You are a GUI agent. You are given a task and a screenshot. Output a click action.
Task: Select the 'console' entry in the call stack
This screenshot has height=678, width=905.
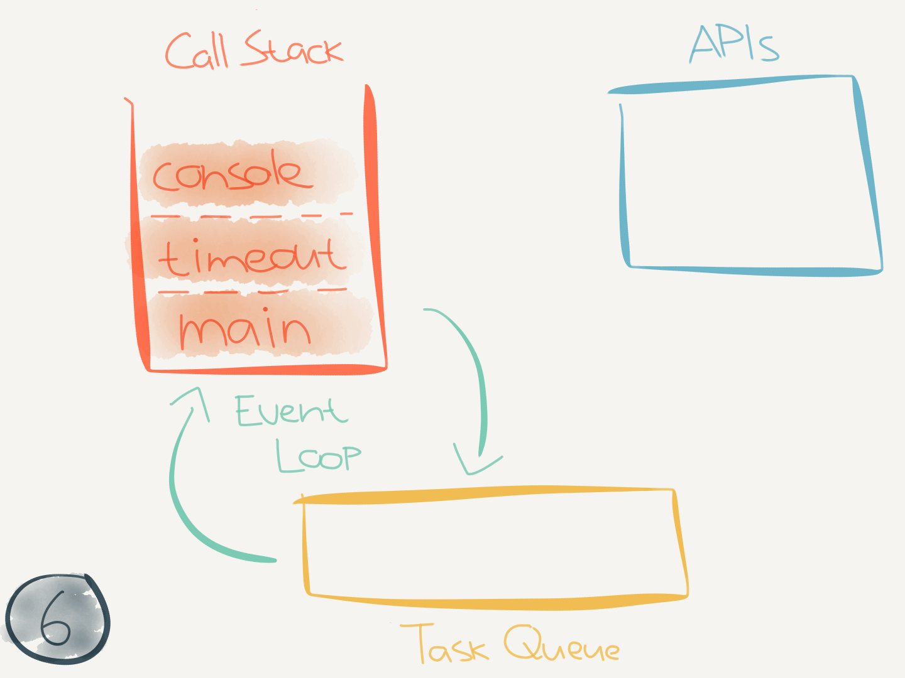(233, 174)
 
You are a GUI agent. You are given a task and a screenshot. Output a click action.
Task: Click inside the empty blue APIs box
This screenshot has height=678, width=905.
(748, 179)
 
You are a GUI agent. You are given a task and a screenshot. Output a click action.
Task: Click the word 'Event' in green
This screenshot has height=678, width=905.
(290, 411)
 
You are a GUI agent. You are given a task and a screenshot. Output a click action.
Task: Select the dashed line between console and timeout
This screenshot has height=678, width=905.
(251, 217)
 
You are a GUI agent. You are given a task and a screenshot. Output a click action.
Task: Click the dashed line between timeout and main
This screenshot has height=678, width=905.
(251, 291)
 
